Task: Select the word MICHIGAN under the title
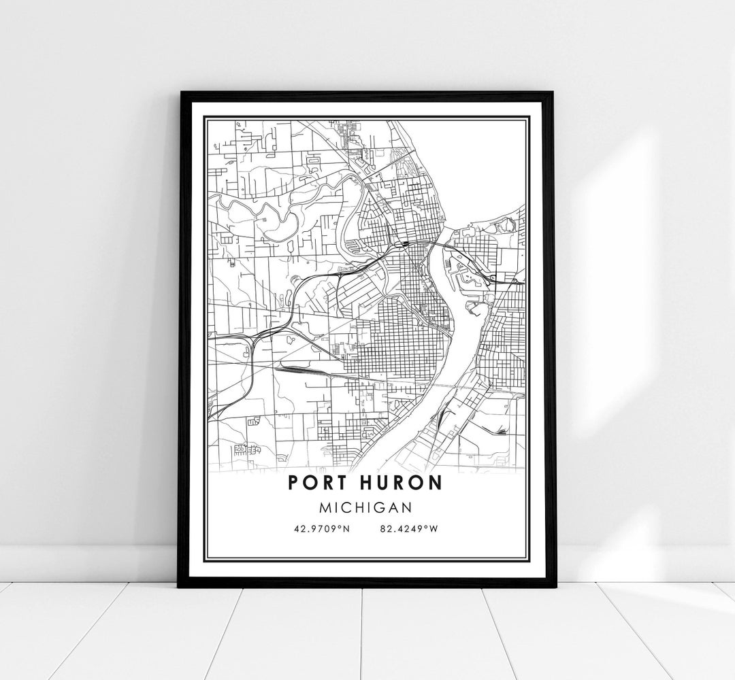(367, 507)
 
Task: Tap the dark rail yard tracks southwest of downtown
(299, 371)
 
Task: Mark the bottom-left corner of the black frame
(180, 586)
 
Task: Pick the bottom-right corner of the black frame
(555, 586)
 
